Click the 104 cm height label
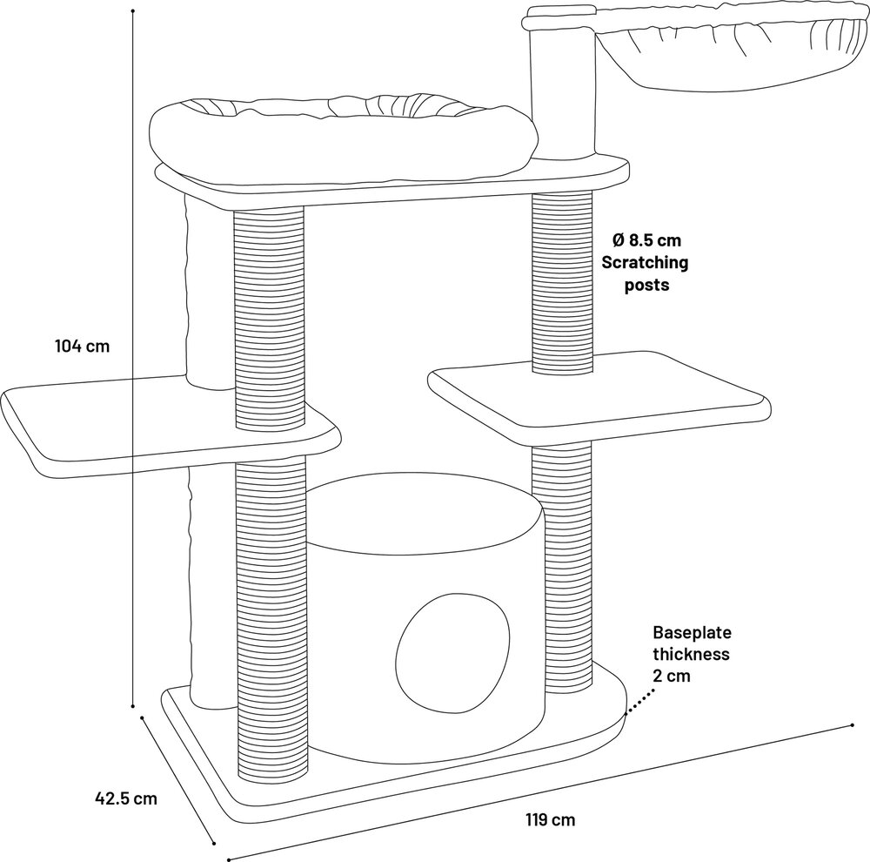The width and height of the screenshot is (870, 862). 83,346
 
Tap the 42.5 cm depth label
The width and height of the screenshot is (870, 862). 126,798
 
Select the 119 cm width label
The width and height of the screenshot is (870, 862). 551,819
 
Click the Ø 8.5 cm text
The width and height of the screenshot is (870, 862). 646,240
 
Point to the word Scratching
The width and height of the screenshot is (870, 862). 645,262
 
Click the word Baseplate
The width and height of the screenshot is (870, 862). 692,632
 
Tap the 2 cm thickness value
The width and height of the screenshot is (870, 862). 672,676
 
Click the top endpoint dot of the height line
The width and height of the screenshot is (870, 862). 133,10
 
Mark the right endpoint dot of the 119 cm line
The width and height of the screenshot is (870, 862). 853,724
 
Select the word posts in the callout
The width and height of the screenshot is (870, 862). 647,285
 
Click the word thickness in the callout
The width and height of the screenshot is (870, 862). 691,654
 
